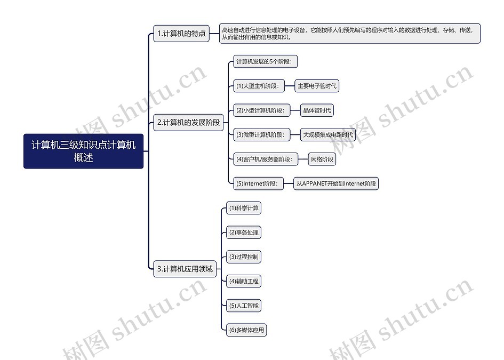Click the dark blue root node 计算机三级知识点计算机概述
[83, 151]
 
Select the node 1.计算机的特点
[181, 34]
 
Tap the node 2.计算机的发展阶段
[188, 123]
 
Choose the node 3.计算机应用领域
[185, 269]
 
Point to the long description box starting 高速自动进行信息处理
[350, 34]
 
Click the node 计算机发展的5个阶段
[265, 61]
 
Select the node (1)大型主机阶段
[259, 86]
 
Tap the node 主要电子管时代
[317, 86]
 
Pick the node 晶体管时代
[317, 110]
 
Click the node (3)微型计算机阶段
[262, 135]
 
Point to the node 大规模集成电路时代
[328, 135]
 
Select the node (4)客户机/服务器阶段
[266, 159]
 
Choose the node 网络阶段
[322, 159]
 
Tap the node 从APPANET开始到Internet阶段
[336, 183]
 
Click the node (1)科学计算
[244, 208]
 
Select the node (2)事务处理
[244, 233]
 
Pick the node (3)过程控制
[244, 257]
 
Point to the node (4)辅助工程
[244, 281]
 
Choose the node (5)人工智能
[244, 306]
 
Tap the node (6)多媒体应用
[246, 330]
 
